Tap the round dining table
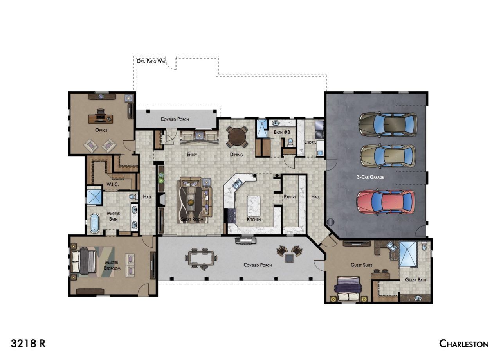[237, 136]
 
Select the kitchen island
[254, 206]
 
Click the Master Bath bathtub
[95, 223]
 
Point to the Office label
[101, 130]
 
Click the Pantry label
[290, 197]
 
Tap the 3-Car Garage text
[370, 177]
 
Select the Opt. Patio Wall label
[151, 61]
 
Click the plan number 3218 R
[28, 344]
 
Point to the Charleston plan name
[464, 344]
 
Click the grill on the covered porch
[245, 240]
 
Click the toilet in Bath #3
[290, 142]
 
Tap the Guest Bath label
[416, 280]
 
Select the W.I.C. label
[112, 184]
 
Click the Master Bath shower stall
[95, 198]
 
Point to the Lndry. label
[310, 142]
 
